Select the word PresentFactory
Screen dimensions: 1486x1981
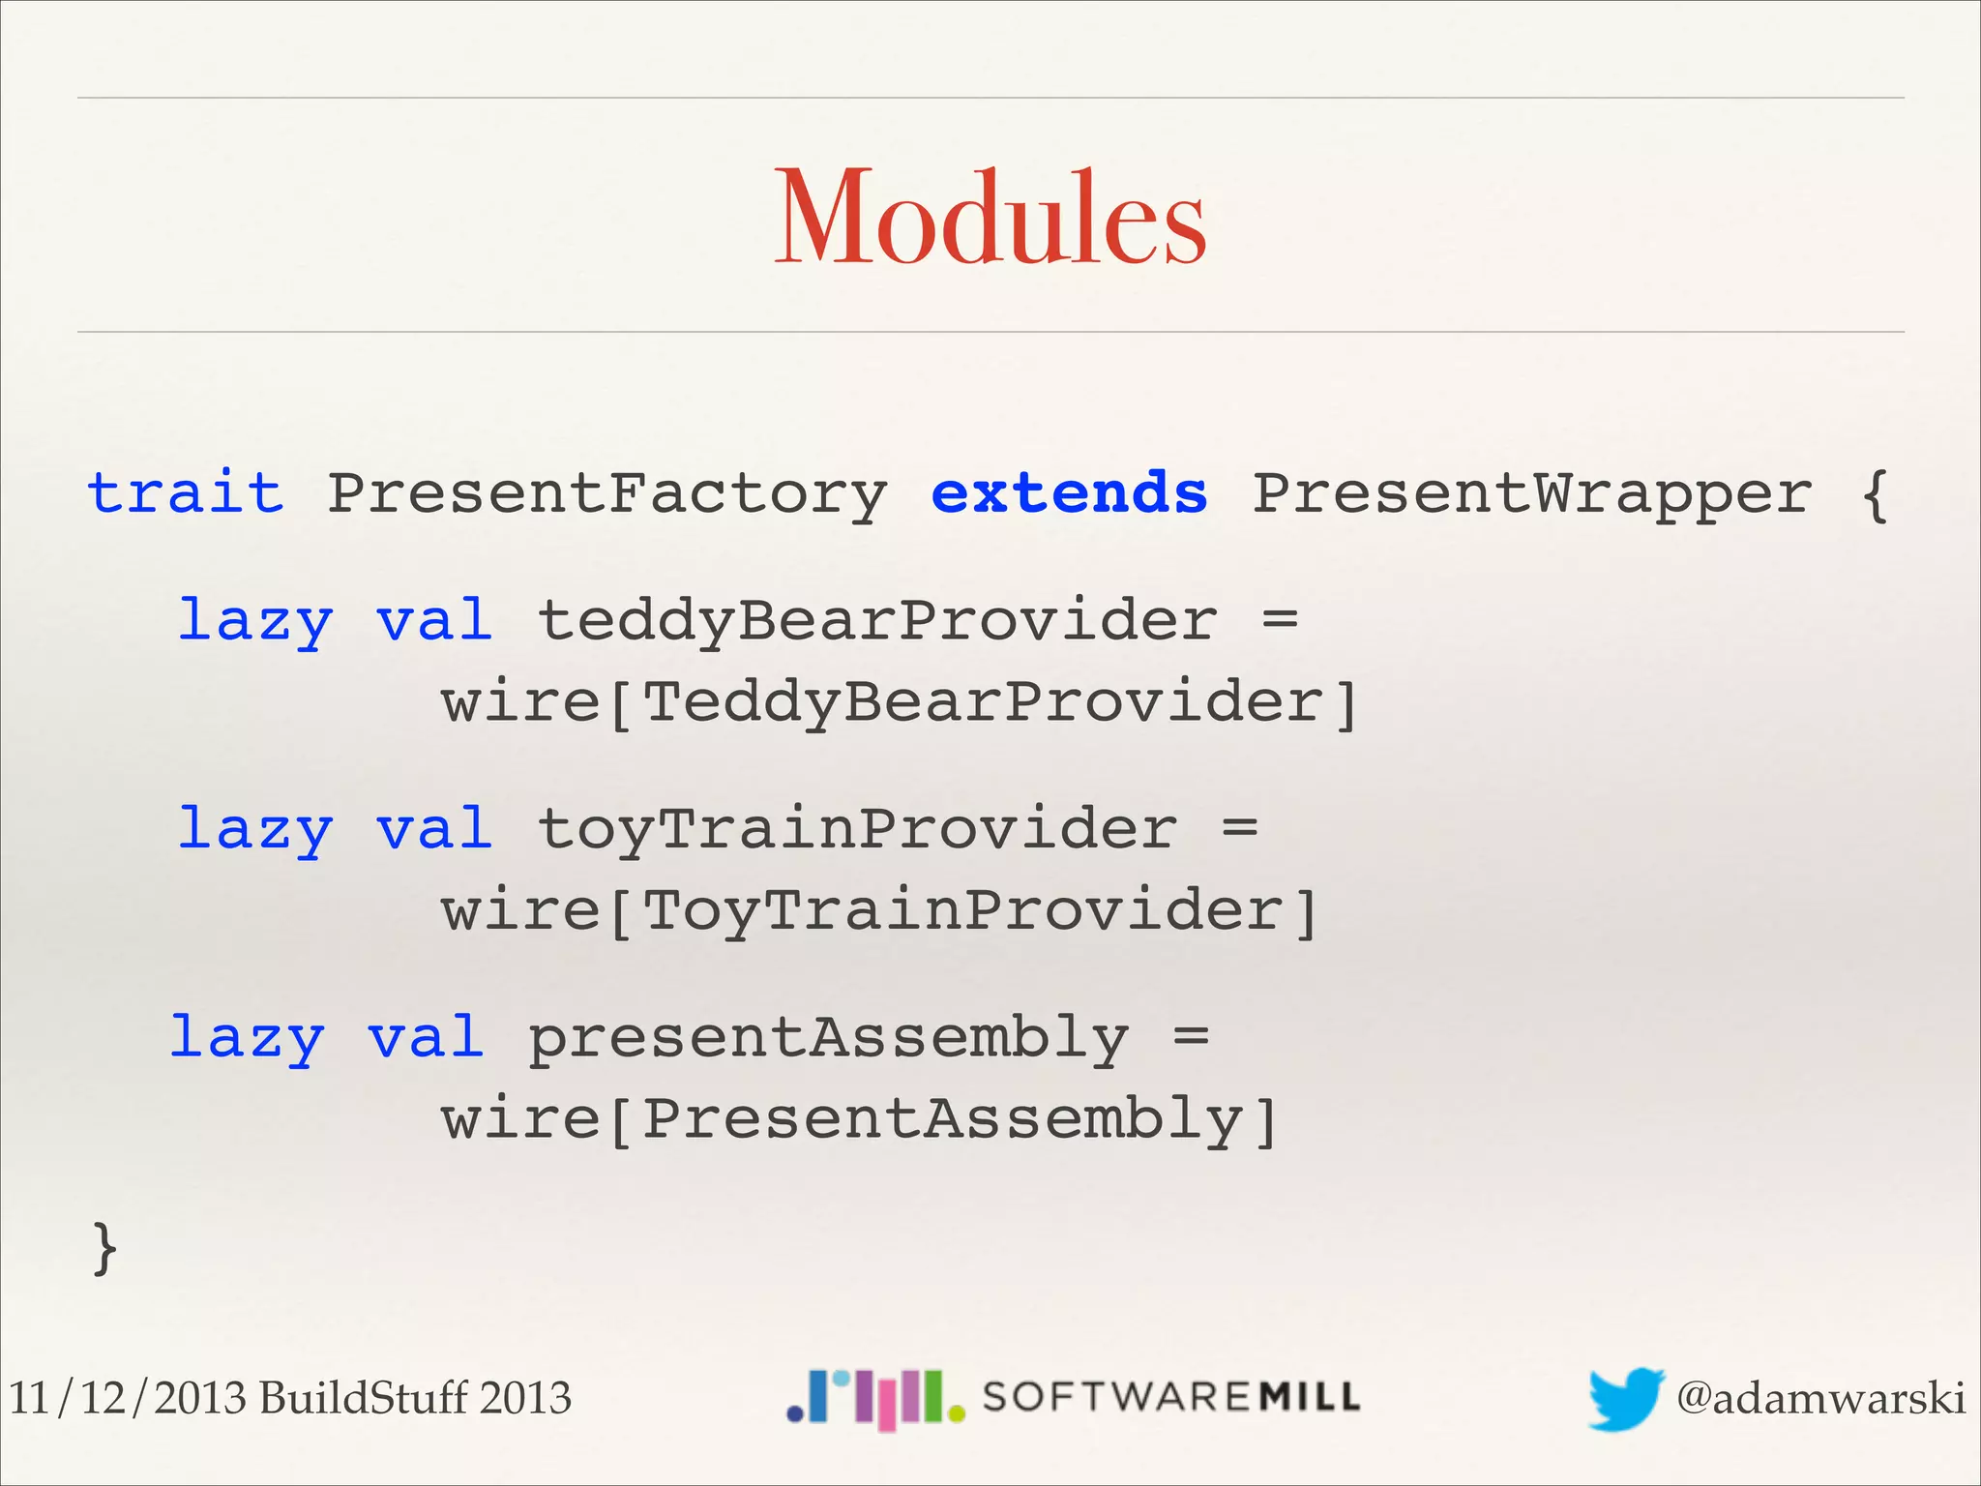click(x=606, y=494)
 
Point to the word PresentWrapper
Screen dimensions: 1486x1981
click(x=1531, y=494)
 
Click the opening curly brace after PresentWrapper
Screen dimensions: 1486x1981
click(x=1875, y=494)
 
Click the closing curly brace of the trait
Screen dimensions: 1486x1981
click(x=104, y=1248)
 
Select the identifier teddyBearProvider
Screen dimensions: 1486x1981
click(x=876, y=620)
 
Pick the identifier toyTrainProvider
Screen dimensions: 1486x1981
click(x=857, y=830)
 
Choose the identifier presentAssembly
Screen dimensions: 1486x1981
click(x=828, y=1038)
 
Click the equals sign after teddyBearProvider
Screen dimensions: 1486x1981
click(x=1280, y=620)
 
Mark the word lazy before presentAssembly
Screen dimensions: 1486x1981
click(x=248, y=1038)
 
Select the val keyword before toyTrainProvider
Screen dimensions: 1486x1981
click(x=434, y=830)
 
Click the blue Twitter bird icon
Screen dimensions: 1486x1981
click(x=1626, y=1398)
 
